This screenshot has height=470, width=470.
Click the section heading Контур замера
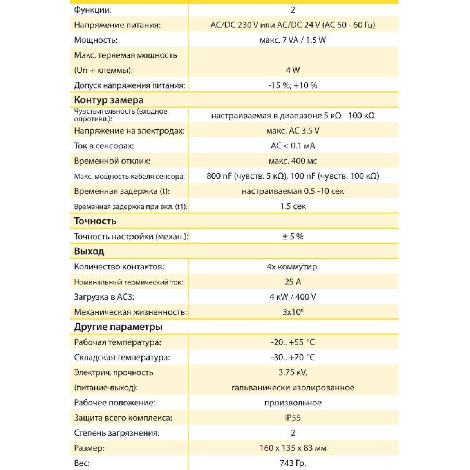coord(109,100)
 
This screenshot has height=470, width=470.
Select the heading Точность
coord(95,221)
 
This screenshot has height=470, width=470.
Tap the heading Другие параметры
coord(118,327)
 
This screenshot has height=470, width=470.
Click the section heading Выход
coord(89,251)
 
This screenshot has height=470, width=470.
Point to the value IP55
coord(293,418)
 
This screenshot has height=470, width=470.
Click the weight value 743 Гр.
coord(293,463)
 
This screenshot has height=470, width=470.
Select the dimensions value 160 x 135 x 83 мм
coord(293,448)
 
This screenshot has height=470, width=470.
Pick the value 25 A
coord(293,282)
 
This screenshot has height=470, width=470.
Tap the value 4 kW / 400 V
coord(293,297)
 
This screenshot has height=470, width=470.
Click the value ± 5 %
coord(293,237)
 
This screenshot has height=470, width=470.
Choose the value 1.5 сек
coord(293,206)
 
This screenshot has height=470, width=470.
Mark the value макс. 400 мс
coord(293,161)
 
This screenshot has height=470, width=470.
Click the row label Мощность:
coord(96,40)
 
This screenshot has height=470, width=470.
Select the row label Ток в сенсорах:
coord(104,146)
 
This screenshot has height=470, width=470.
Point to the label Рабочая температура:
coord(117,342)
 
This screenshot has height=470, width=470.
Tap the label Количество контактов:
coord(119,267)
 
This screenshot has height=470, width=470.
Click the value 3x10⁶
coord(293,312)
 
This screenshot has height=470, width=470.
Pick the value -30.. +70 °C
coord(293,358)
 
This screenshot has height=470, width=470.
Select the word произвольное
coord(293,403)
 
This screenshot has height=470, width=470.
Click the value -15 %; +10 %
coord(293,85)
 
